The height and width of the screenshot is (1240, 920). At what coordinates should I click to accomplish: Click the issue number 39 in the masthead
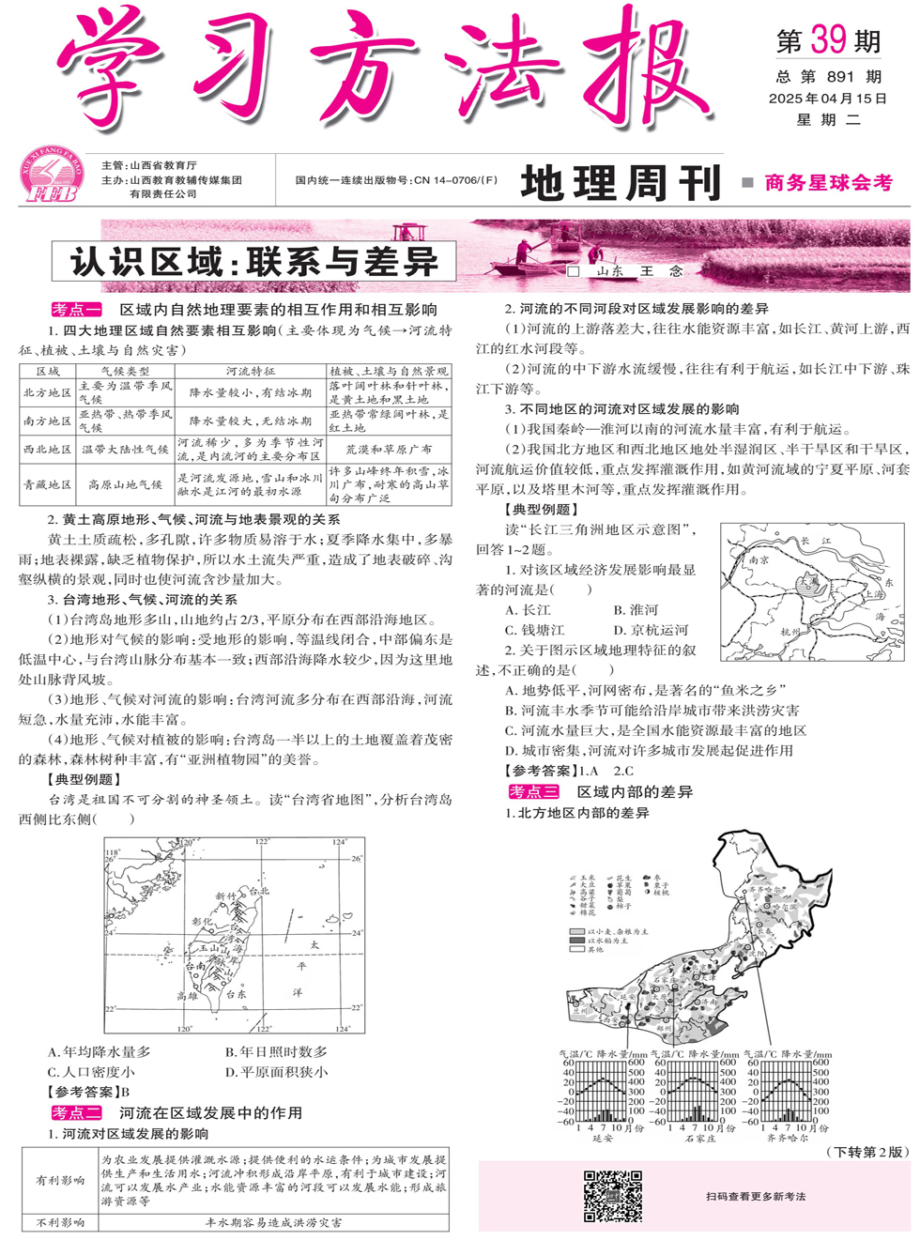[829, 39]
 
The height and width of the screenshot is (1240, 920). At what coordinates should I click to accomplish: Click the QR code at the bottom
[612, 1195]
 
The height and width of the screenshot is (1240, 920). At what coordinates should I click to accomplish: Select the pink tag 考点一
[76, 309]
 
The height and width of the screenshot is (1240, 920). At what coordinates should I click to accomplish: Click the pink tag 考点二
[76, 1112]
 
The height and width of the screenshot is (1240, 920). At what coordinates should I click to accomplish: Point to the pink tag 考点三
[533, 791]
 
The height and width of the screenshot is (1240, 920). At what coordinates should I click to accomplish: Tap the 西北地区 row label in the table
[47, 450]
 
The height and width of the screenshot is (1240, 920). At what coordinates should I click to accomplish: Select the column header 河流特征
[250, 372]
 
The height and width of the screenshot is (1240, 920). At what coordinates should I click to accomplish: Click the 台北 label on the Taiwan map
[257, 891]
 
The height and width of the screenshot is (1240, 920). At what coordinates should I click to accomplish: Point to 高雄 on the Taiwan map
[187, 995]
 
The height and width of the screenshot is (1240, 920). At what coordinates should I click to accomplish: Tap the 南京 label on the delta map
[759, 559]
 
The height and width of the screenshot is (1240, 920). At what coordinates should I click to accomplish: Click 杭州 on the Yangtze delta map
[790, 632]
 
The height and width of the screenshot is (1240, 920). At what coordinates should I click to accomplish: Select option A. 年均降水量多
[99, 1052]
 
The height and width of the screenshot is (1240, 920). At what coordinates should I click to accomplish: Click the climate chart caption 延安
[602, 1138]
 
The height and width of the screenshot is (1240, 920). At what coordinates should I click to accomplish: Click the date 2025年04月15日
[827, 98]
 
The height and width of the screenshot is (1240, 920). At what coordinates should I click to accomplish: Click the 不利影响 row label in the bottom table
[60, 1222]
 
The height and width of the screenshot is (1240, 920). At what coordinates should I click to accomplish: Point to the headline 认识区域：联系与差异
[253, 262]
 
